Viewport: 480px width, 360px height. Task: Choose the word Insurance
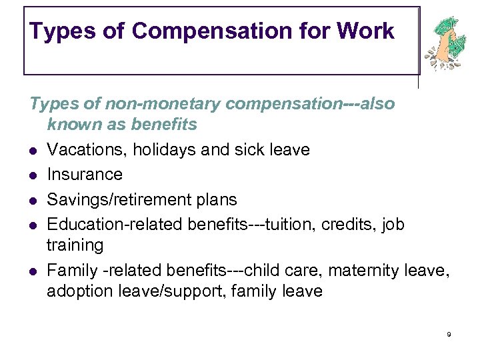[x=85, y=175]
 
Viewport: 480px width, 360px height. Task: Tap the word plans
[x=217, y=199]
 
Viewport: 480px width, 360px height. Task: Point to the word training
[x=75, y=245]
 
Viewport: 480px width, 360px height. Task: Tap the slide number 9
[x=449, y=334]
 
